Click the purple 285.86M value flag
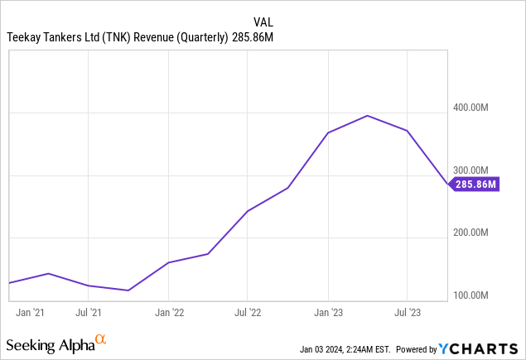[475, 184]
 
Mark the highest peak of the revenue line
[367, 116]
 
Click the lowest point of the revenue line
[128, 290]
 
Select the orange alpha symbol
[100, 339]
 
